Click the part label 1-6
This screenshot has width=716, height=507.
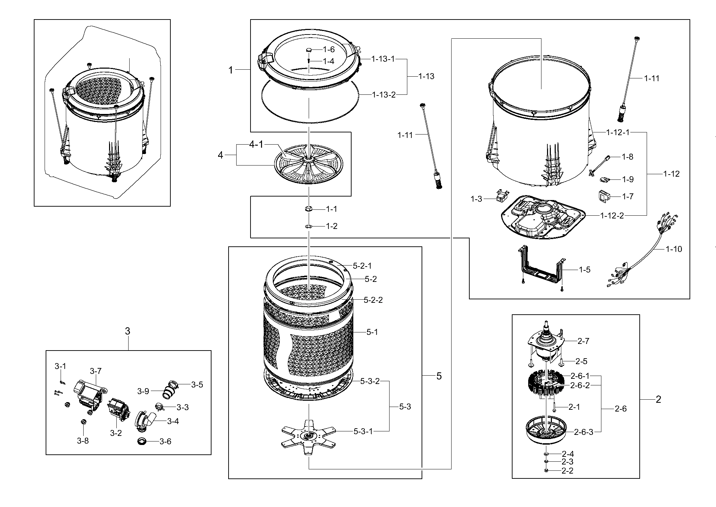coord(329,49)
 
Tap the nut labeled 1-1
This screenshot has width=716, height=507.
coord(308,209)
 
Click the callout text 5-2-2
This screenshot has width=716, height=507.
coord(373,300)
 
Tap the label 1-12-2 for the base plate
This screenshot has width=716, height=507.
coord(612,216)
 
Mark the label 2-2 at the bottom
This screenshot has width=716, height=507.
coord(568,471)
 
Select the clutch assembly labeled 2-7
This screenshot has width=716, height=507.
coord(546,350)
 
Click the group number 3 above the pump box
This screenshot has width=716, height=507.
coord(128,331)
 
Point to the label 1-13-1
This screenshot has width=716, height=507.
coord(383,59)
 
